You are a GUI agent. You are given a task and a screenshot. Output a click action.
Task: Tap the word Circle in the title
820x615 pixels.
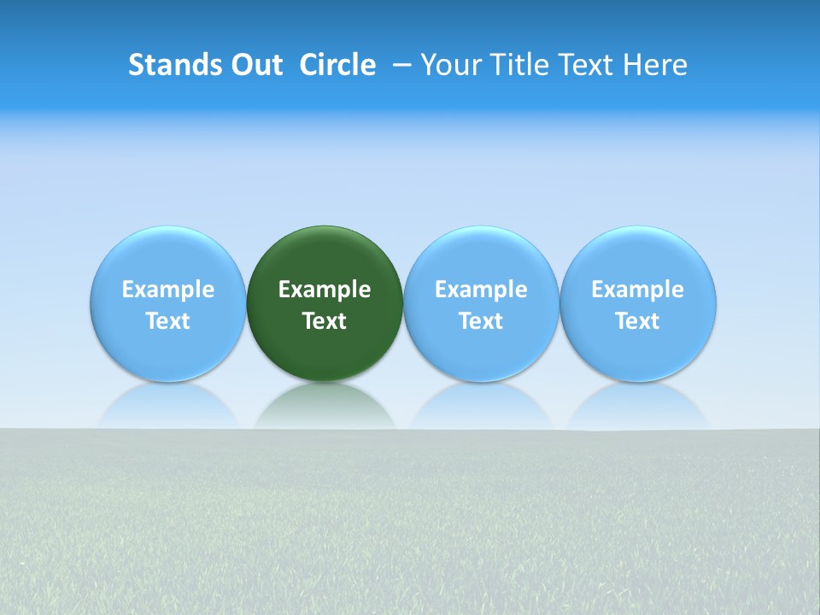(x=337, y=65)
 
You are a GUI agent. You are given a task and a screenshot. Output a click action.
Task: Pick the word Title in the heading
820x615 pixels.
(x=512, y=65)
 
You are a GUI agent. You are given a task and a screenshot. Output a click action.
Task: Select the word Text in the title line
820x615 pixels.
(x=578, y=65)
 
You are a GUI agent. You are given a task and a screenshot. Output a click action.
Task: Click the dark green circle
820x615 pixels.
(x=325, y=256)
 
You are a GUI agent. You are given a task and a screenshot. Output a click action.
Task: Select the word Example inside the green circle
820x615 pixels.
(x=325, y=290)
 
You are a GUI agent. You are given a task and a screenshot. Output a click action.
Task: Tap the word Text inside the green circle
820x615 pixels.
(x=325, y=321)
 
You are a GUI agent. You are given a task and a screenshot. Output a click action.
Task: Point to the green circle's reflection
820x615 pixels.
(x=325, y=407)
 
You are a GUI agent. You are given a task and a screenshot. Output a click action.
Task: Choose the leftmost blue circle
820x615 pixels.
(x=167, y=256)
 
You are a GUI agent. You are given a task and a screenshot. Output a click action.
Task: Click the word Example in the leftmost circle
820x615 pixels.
(x=167, y=290)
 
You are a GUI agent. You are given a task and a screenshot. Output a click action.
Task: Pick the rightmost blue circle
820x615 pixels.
(x=638, y=256)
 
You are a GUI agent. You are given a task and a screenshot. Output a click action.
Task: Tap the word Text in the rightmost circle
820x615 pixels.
(x=638, y=321)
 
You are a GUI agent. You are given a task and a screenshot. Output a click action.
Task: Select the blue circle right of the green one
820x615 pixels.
(x=481, y=256)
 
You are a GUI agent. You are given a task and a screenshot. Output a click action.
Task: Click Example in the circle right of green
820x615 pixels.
(x=481, y=290)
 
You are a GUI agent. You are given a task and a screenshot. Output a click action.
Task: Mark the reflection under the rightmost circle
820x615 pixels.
(x=638, y=407)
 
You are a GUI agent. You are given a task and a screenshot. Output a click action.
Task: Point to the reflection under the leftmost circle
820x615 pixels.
(x=167, y=407)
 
